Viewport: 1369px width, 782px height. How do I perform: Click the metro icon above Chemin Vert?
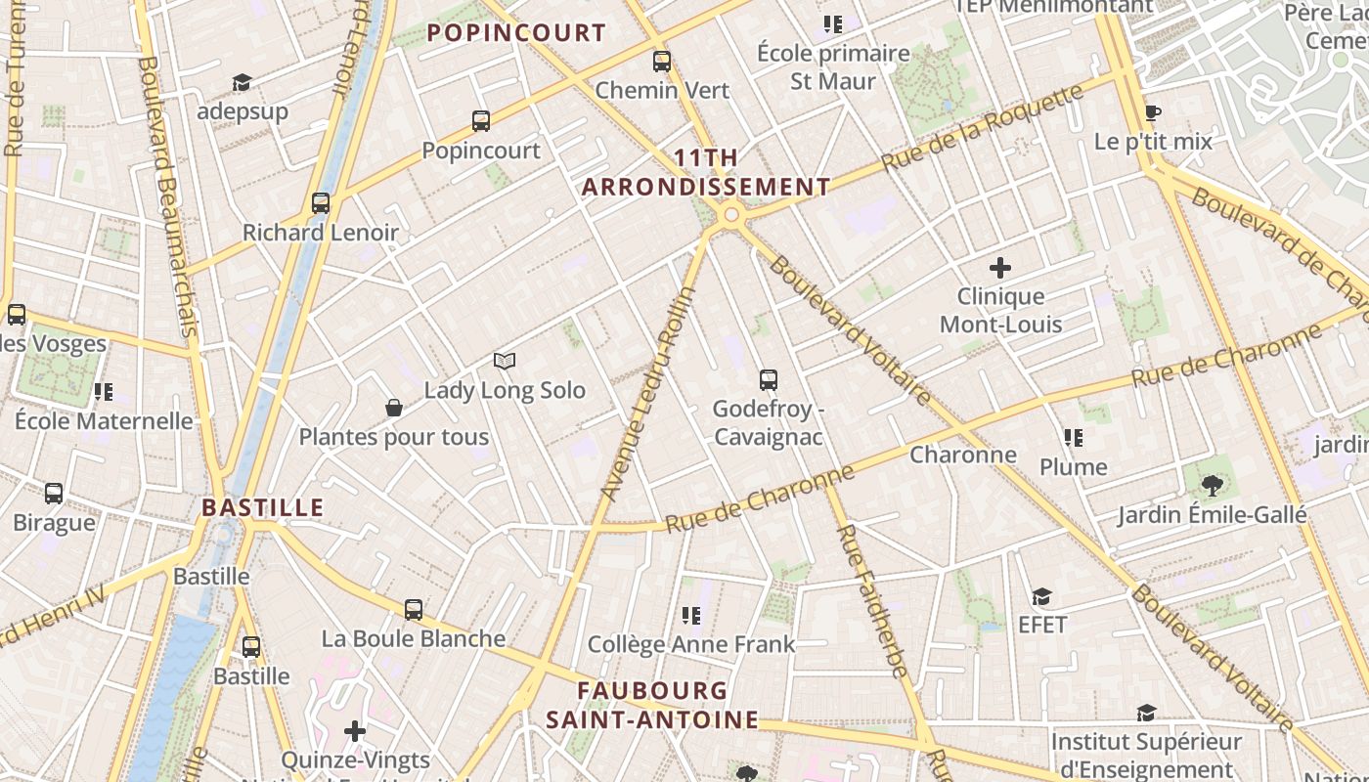(x=662, y=62)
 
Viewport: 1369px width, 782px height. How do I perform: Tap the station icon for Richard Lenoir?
(x=321, y=203)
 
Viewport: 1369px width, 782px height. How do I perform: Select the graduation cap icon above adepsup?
(x=242, y=83)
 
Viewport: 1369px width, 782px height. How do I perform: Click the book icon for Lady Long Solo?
(x=505, y=362)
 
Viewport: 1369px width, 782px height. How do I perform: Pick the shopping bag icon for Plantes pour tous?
(x=394, y=408)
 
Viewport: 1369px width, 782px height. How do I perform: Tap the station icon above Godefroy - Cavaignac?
(x=769, y=380)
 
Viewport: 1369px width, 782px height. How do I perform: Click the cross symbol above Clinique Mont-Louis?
(x=1000, y=267)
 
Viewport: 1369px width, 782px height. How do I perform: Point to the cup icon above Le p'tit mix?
(x=1153, y=112)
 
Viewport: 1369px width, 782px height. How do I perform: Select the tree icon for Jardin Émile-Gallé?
(x=1213, y=485)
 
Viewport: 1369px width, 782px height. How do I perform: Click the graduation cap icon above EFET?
(x=1042, y=596)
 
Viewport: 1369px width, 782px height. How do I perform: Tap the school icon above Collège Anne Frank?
(x=692, y=616)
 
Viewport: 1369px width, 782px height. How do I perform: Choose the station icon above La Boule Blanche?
(x=414, y=610)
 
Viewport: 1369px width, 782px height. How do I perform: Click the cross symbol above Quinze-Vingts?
(x=355, y=731)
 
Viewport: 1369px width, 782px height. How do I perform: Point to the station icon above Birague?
(x=54, y=494)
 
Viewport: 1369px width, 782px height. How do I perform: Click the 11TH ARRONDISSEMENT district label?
(x=706, y=172)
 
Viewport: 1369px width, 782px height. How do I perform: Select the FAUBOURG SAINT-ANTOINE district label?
(x=652, y=705)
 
